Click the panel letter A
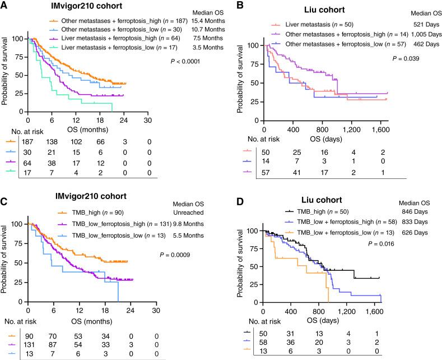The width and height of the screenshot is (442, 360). [x=5, y=5]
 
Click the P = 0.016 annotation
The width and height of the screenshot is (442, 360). [x=381, y=244]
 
